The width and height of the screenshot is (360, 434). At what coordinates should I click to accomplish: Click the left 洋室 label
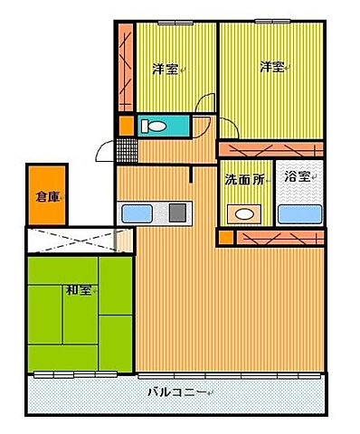pos(164,69)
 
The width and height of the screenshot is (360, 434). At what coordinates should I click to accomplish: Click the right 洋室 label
pos(272,66)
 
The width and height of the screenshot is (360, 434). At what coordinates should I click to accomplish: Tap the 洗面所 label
pos(244,179)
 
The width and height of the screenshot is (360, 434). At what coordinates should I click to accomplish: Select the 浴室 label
pos(296,177)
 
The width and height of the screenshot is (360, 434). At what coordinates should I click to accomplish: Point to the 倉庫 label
pos(47,196)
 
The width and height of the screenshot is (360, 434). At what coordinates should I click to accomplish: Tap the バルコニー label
pos(177,392)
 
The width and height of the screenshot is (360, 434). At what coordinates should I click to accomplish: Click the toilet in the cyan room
pos(155,125)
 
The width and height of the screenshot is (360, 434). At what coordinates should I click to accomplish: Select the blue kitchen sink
pos(137,213)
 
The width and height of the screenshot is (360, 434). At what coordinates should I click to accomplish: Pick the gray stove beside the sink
pos(178,213)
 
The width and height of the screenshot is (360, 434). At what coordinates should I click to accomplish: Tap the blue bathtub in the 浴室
pos(300,214)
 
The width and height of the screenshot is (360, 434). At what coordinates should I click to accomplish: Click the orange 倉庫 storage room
pos(47,194)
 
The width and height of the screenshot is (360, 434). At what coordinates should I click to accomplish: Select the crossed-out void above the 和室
pos(79,241)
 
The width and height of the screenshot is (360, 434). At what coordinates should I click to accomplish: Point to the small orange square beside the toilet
pos(126,125)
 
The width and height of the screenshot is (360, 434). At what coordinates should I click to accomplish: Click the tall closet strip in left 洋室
pos(125,68)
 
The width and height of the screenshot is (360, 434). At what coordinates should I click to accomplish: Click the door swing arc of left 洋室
pos(206,105)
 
